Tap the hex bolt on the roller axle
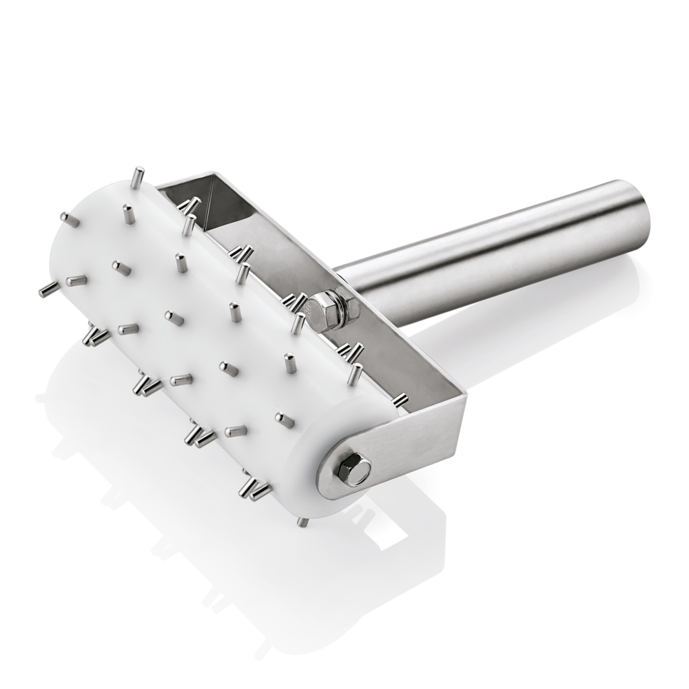point(353,469)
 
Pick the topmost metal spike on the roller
point(138,176)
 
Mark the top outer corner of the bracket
point(207,172)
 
